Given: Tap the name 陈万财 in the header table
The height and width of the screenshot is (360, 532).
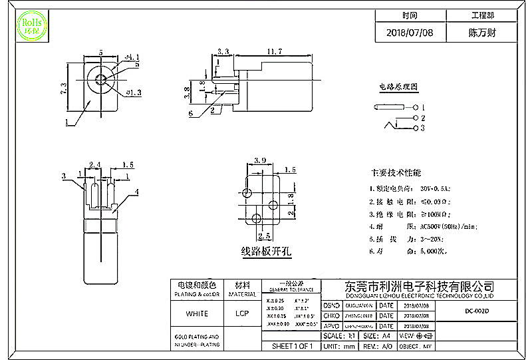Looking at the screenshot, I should [x=482, y=32].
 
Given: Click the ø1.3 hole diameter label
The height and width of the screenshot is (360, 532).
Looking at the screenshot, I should [x=134, y=93].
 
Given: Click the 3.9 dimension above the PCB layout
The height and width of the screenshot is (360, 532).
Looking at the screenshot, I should [x=260, y=161].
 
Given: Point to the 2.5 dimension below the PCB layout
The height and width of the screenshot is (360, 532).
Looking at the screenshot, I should [x=263, y=236].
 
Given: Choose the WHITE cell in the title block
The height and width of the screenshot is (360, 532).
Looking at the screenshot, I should [x=197, y=313].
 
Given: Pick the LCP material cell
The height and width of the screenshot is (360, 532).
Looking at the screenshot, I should [x=242, y=313].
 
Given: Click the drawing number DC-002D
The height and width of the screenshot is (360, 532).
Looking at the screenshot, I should [x=477, y=311].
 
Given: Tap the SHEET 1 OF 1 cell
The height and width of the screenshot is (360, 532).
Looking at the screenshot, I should [x=291, y=347].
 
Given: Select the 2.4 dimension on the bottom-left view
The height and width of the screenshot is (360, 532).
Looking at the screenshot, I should [x=94, y=164].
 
